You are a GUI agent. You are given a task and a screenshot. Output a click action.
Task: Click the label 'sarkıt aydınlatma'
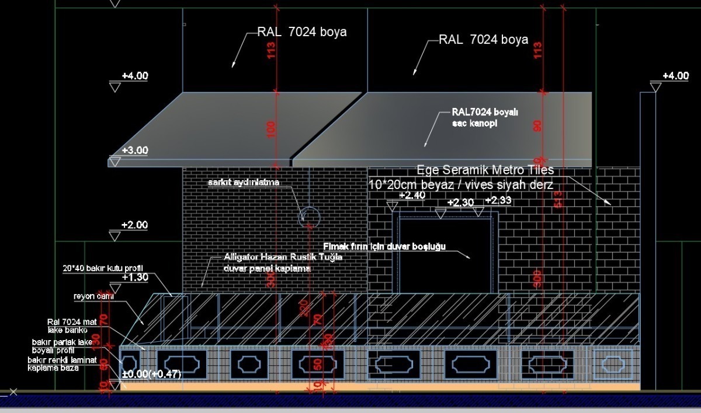[244, 183]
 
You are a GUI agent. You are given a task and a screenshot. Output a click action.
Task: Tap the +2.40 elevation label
[412, 195]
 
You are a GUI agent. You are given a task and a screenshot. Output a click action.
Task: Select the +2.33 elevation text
[498, 201]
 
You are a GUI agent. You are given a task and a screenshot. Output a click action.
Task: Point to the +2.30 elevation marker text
[461, 202]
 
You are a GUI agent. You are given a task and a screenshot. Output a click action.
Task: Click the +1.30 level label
[135, 277]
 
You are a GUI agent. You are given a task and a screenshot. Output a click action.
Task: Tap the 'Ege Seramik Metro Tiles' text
[485, 170]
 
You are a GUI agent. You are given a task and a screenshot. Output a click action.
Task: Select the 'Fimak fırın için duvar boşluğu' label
[384, 246]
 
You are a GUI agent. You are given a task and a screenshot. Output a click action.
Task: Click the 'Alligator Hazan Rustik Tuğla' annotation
[283, 257]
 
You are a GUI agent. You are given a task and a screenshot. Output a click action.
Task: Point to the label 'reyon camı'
[93, 296]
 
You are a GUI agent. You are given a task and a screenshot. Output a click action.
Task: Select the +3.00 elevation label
[135, 150]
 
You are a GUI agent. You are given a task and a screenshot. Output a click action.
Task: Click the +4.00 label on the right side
[675, 76]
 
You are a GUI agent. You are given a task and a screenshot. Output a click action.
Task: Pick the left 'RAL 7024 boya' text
[302, 32]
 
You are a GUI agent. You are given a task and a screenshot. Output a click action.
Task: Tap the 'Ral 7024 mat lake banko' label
[68, 326]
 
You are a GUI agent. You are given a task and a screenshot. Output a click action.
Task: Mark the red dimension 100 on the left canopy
[270, 129]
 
